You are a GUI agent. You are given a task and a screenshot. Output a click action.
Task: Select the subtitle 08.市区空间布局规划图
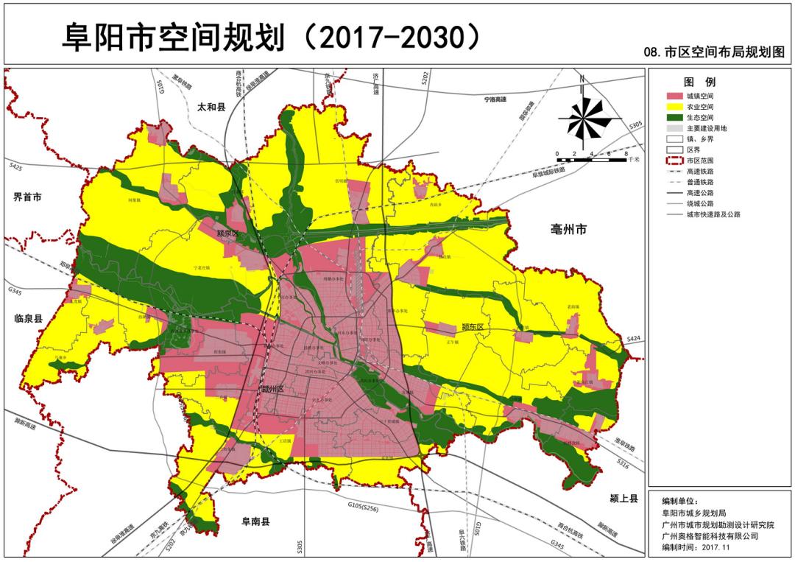click(714, 53)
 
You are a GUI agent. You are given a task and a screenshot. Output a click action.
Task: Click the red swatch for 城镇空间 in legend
click(674, 96)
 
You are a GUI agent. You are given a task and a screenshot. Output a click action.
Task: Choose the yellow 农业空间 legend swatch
click(674, 107)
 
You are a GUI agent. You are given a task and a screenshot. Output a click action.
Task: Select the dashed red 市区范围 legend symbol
click(674, 160)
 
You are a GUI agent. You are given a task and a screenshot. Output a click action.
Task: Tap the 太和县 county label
click(211, 108)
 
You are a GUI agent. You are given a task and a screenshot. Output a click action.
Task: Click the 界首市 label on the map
click(27, 197)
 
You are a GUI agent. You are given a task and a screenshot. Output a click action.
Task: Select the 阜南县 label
click(256, 521)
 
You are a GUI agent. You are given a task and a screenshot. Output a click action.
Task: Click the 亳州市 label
click(568, 230)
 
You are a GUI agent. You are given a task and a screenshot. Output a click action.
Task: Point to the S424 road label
click(634, 339)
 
